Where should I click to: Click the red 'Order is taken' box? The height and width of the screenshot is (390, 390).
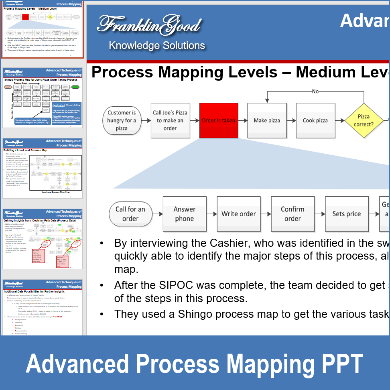tap(218, 120)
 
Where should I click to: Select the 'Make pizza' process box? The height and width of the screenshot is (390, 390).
tap(267, 120)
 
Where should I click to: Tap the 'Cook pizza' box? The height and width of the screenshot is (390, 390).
tap(315, 120)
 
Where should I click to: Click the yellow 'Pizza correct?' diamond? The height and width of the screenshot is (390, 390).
tap(364, 120)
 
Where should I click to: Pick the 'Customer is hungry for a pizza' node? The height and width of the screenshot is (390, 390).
tap(122, 120)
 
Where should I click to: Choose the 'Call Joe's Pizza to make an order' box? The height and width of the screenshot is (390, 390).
tap(170, 120)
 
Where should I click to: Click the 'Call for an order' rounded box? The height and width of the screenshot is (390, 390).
tap(130, 214)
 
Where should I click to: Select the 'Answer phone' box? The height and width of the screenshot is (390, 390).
tap(185, 214)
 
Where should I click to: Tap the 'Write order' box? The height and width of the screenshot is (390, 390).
tap(239, 214)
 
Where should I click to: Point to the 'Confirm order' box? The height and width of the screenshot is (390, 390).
tap(292, 214)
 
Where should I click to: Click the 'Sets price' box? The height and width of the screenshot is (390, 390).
tap(347, 214)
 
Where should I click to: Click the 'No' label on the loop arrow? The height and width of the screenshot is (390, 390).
tap(315, 91)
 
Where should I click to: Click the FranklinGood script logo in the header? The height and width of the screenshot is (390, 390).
tap(149, 25)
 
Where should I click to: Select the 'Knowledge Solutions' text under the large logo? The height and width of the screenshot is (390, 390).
tap(157, 46)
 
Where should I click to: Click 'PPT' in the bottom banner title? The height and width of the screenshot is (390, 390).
tap(341, 364)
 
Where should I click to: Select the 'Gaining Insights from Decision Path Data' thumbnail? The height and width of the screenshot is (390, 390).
tap(42, 239)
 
